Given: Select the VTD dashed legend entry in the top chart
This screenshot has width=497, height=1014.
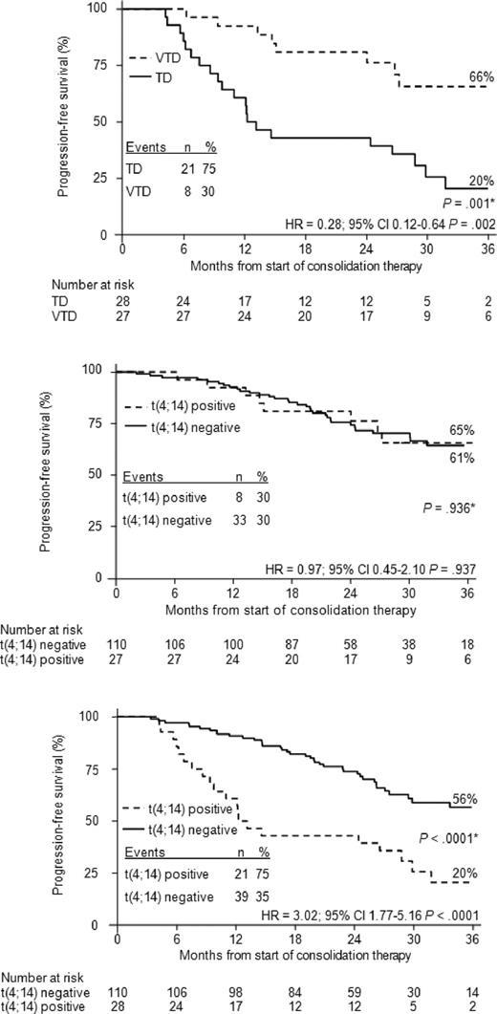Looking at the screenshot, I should (x=165, y=55).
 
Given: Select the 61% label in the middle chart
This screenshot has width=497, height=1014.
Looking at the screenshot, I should (x=463, y=459).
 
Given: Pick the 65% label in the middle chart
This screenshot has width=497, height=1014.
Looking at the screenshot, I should (x=463, y=431).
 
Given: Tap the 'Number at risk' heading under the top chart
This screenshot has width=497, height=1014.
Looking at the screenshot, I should (x=43, y=283).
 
